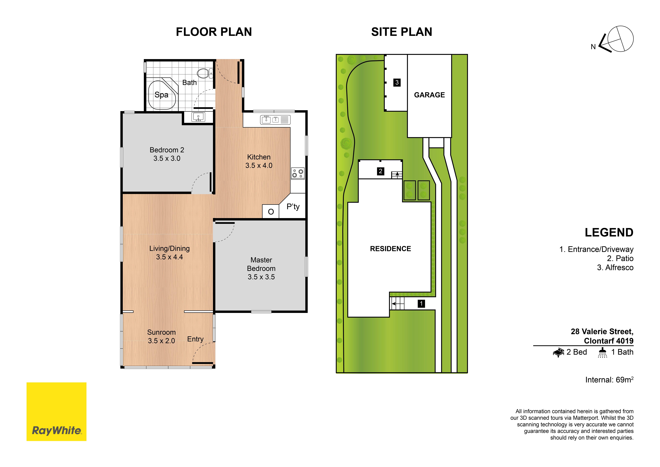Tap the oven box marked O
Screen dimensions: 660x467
[271, 211]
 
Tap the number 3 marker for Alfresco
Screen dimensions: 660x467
[397, 83]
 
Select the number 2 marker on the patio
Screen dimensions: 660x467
[381, 171]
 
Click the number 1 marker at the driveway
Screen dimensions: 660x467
[421, 304]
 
